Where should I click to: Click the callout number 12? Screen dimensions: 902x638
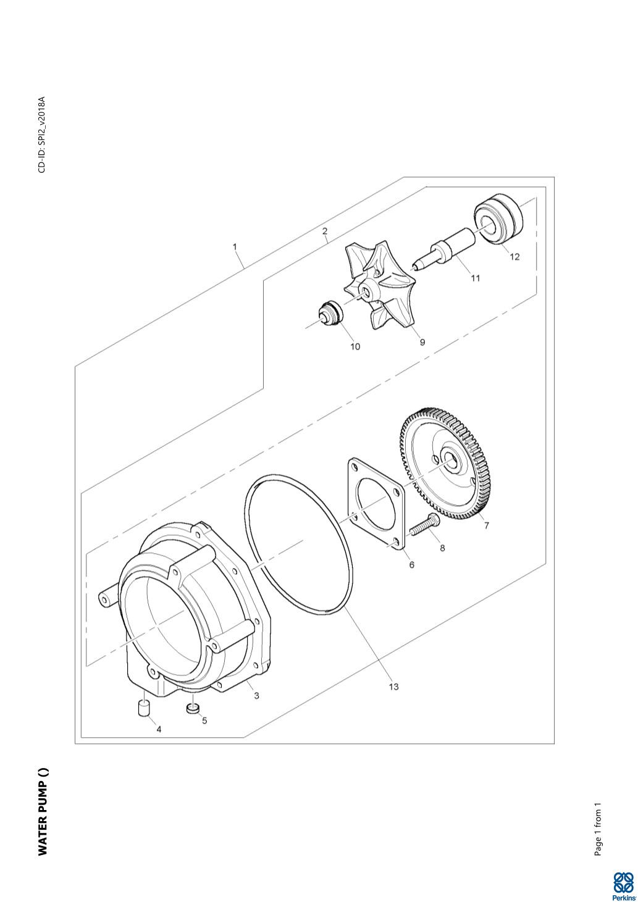coord(514,257)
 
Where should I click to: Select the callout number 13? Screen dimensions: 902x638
coord(394,687)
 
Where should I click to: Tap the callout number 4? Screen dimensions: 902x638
coord(159,729)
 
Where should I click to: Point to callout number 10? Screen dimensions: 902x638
coord(355,346)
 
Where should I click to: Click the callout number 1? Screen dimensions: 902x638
coord(235,246)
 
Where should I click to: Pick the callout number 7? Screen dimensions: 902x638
coord(487,526)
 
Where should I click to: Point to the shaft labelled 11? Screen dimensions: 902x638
coord(450,249)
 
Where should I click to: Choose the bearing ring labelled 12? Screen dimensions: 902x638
coord(498,219)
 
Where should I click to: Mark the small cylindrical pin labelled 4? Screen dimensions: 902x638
coord(144,708)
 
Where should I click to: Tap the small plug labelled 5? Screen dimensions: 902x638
coord(193,707)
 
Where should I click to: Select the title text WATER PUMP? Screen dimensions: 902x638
coord(43,812)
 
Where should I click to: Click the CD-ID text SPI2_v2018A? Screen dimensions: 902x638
coord(42,135)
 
